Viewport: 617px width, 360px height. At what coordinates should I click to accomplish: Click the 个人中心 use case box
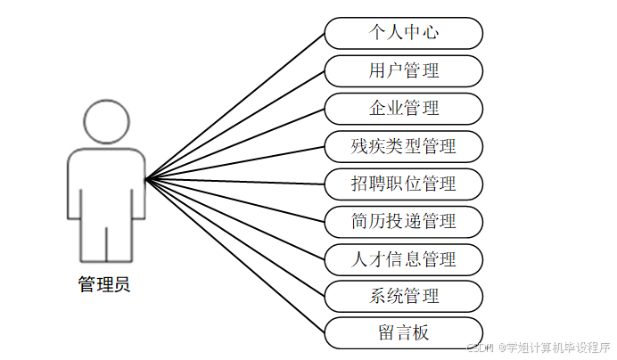[403, 33]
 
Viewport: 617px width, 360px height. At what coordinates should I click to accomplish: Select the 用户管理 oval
[403, 70]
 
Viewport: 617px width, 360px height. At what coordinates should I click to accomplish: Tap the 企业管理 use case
[403, 108]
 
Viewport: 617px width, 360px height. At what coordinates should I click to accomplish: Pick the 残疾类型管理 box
[403, 146]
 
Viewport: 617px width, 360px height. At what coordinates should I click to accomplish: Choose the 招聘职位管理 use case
[403, 184]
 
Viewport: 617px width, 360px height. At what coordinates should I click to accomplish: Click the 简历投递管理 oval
[403, 221]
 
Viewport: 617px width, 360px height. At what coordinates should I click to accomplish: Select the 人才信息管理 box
[403, 258]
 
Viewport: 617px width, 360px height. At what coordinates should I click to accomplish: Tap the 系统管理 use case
[403, 296]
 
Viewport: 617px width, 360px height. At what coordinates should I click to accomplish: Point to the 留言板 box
[403, 333]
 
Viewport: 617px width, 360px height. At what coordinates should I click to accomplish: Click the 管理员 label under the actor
[104, 286]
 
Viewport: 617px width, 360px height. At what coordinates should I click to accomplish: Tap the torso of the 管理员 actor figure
[106, 187]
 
